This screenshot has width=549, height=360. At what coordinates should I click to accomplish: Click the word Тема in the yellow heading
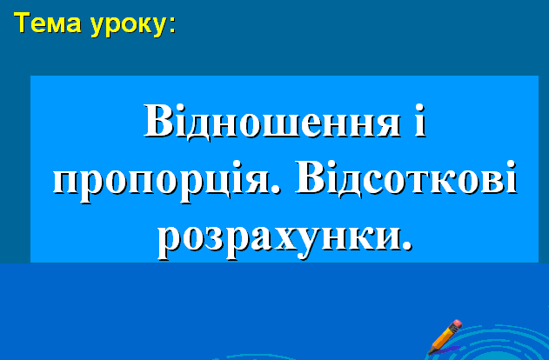click(48, 23)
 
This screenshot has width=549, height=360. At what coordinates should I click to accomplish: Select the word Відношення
click(272, 122)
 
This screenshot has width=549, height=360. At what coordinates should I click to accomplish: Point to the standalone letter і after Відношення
click(420, 121)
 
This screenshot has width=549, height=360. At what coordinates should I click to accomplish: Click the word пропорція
click(162, 181)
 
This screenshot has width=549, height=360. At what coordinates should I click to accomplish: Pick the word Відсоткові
click(405, 177)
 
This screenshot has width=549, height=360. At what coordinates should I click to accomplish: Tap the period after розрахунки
click(406, 246)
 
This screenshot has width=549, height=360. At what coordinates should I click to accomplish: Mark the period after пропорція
click(277, 189)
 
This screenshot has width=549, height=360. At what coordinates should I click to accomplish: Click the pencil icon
click(445, 337)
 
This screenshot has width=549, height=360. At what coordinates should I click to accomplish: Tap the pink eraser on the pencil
click(457, 324)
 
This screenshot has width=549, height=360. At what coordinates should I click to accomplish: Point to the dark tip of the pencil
click(429, 352)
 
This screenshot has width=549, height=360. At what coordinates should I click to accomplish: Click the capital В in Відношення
click(158, 121)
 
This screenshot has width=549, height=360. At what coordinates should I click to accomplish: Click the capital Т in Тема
click(22, 23)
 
